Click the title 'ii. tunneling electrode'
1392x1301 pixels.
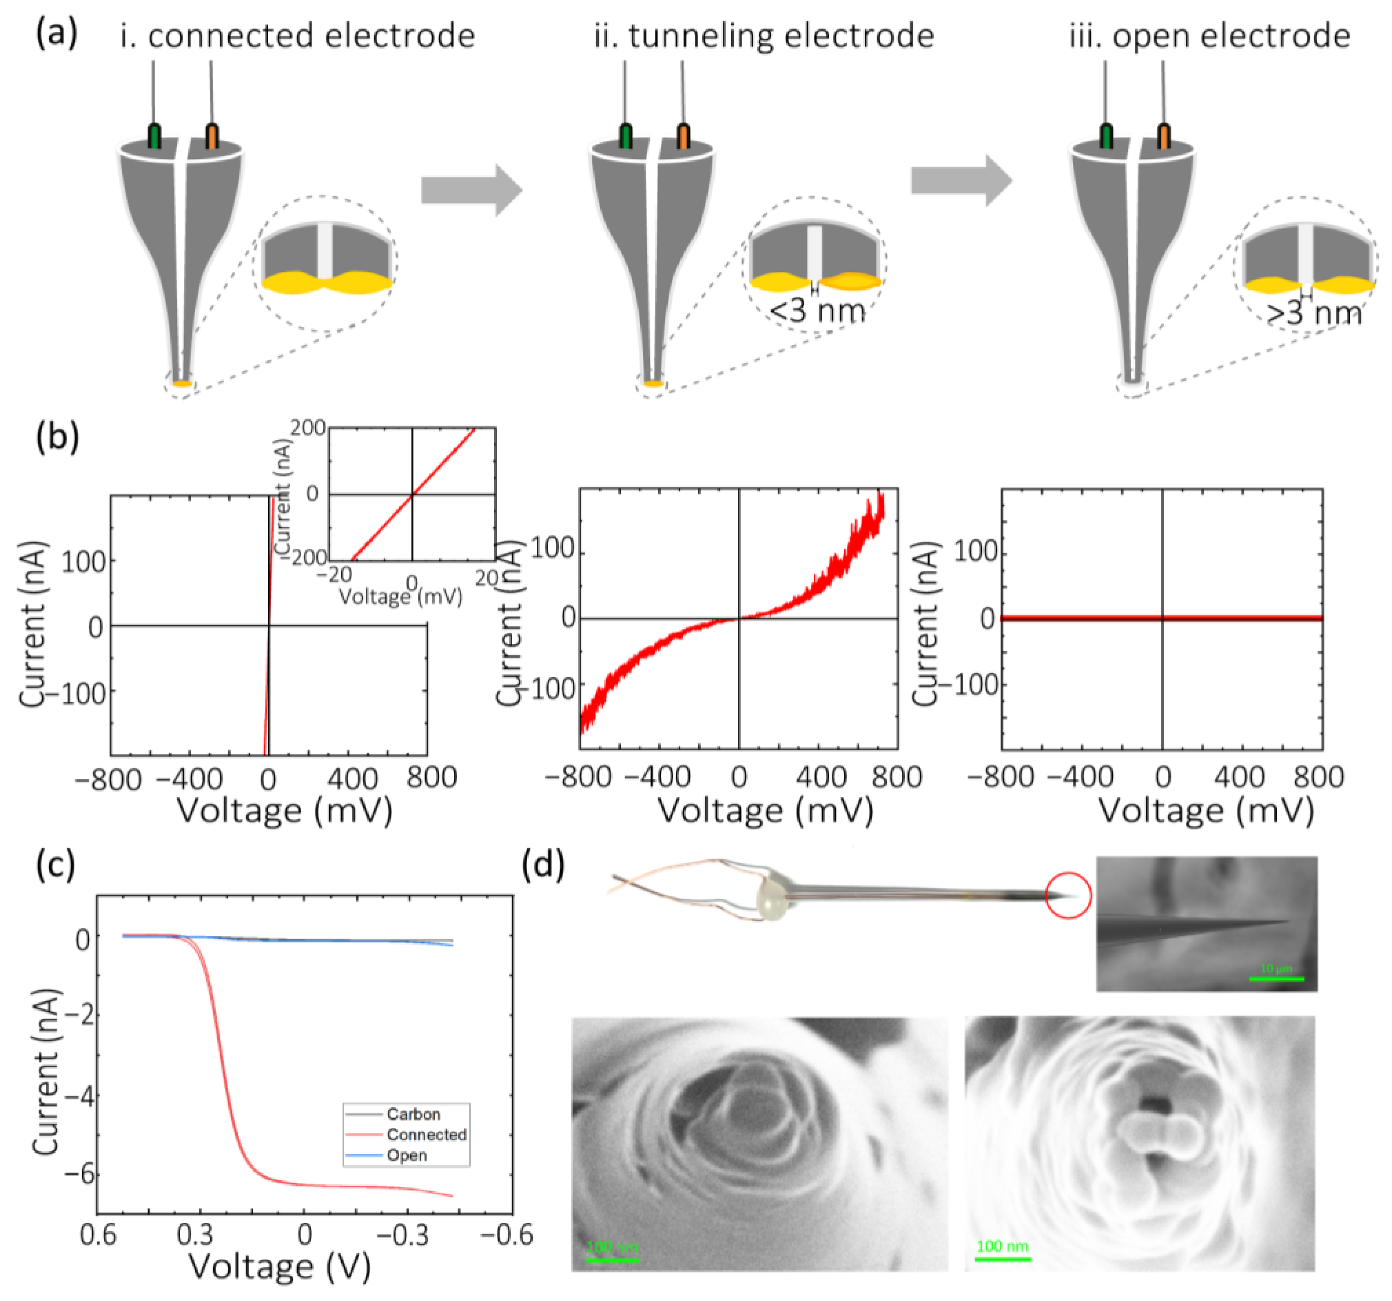pyautogui.click(x=764, y=36)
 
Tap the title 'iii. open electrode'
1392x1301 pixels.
pyautogui.click(x=1209, y=36)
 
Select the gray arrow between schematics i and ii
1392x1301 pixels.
pyautogui.click(x=471, y=191)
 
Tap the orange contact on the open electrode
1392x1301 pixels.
pyautogui.click(x=1164, y=136)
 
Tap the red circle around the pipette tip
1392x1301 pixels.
pyautogui.click(x=1068, y=895)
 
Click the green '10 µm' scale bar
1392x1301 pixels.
pyautogui.click(x=1276, y=978)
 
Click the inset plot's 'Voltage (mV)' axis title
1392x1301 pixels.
pyautogui.click(x=400, y=596)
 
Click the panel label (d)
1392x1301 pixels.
pyautogui.click(x=543, y=866)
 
